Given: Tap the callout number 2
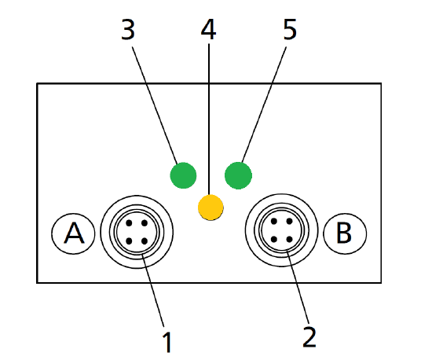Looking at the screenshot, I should [309, 336].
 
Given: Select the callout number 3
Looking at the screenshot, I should [129, 30].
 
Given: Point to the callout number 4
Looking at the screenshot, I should [208, 30].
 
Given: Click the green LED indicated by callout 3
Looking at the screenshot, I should [183, 174].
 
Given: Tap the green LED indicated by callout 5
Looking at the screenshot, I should [238, 174].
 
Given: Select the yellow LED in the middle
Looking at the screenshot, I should [211, 207].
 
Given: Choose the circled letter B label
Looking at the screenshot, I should [343, 233].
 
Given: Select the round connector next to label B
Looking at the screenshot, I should [280, 232].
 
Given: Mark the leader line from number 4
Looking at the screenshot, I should [209, 118].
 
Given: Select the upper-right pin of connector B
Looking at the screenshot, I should [289, 223].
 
